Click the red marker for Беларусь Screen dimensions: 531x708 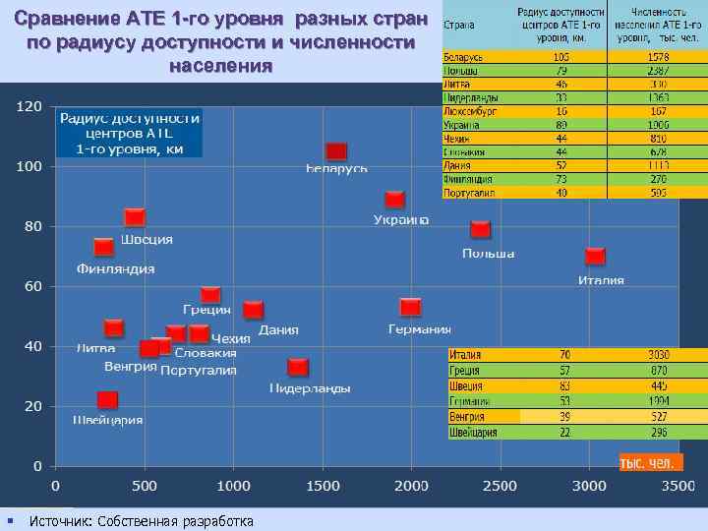point(336,151)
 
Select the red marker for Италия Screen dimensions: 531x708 point(595,257)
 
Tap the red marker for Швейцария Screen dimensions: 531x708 point(107,400)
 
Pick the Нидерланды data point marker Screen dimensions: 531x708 point(298,367)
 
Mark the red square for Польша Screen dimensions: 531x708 point(480,229)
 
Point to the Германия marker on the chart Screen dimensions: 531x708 point(411,307)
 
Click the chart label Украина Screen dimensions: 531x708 point(400,220)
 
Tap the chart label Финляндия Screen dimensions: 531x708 point(116,269)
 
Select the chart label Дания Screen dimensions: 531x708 point(278,330)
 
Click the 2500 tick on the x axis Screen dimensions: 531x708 point(500,486)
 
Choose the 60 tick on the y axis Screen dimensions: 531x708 point(33,286)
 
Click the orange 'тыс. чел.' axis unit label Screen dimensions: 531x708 point(647,462)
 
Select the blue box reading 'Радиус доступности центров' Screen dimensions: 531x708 point(130,133)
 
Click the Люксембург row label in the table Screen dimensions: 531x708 point(468,112)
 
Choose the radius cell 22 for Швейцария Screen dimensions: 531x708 point(564,432)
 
